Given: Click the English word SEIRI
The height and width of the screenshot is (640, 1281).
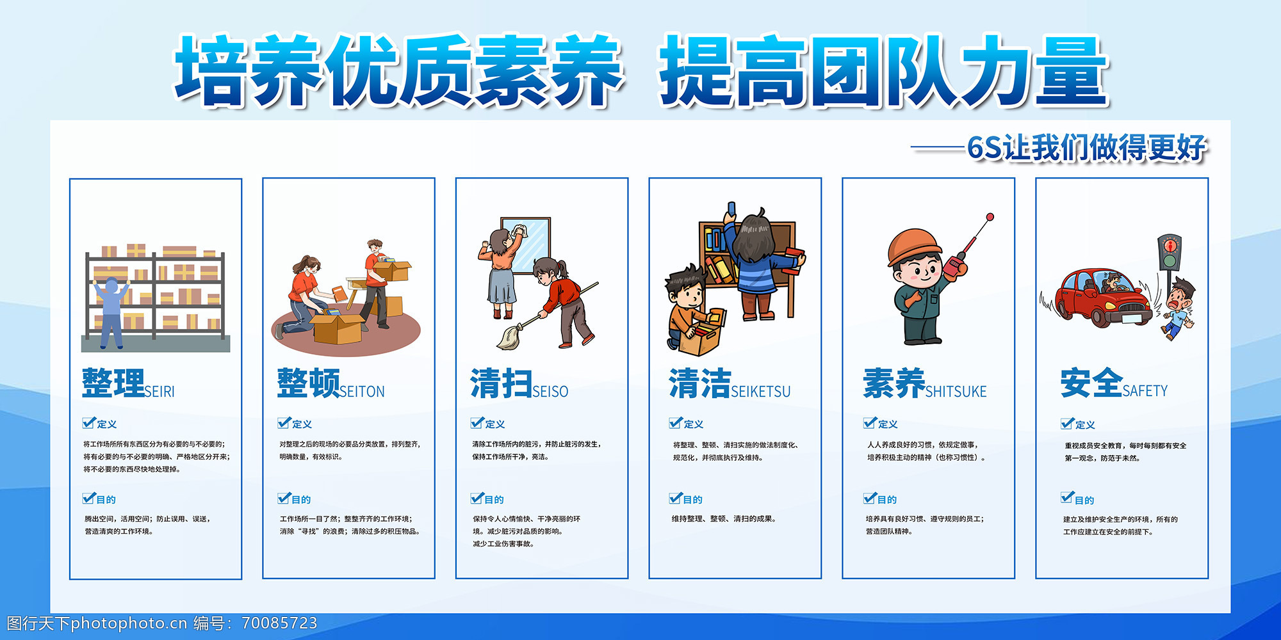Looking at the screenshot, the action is [159, 391].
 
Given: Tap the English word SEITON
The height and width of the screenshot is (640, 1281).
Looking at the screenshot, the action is [362, 391].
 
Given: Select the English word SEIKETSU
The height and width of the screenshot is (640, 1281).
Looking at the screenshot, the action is [761, 391].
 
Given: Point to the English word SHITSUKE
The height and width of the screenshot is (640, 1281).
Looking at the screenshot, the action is [956, 391].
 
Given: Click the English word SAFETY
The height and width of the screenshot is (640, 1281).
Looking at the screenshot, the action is [1145, 390].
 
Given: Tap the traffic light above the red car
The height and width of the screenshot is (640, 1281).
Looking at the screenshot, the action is [1170, 253].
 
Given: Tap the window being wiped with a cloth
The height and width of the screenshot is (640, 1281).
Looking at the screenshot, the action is [525, 246].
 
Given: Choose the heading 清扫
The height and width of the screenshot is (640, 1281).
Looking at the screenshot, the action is [501, 383].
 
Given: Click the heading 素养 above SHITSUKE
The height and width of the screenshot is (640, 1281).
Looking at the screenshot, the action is [893, 383].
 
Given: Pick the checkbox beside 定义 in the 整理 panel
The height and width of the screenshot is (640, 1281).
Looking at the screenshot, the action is [88, 422].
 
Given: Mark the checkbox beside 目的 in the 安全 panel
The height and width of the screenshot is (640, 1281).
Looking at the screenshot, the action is [1067, 498].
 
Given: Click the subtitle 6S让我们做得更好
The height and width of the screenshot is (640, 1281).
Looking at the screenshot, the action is [1087, 148].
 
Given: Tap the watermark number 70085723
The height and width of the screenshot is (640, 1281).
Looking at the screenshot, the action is [280, 623].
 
